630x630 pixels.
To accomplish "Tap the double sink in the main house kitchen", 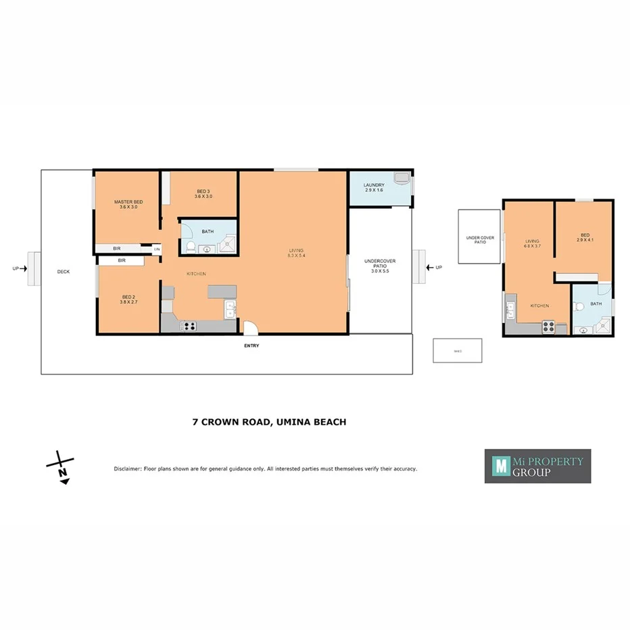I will pos(230,310).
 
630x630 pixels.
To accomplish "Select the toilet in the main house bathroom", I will pos(191,247).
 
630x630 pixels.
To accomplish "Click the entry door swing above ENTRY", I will pos(250,328).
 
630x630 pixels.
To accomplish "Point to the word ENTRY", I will pos(251,346).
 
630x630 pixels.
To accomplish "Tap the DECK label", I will pos(63,272).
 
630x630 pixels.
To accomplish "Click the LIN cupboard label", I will pos(156,249).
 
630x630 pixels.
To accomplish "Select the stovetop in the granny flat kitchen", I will pos(549,328).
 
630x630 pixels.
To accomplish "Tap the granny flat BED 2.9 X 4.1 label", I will pos(584,238).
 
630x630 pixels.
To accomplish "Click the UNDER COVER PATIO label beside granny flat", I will pos(476,239).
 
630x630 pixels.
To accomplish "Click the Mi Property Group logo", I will pos(537,466).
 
